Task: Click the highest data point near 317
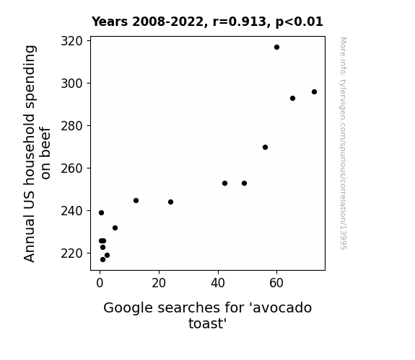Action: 276,48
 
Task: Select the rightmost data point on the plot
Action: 314,92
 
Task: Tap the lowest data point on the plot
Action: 102,260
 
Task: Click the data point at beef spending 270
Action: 265,147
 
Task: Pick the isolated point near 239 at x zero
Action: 101,212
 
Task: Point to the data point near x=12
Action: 136,200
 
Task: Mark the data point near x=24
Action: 171,202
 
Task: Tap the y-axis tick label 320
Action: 71,41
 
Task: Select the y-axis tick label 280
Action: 71,126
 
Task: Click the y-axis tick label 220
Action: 71,253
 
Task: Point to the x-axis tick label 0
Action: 100,283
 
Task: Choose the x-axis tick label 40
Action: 218,283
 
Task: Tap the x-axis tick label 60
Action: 276,283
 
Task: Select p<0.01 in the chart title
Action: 300,22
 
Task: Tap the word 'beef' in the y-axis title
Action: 45,140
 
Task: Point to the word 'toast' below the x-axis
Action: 208,323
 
